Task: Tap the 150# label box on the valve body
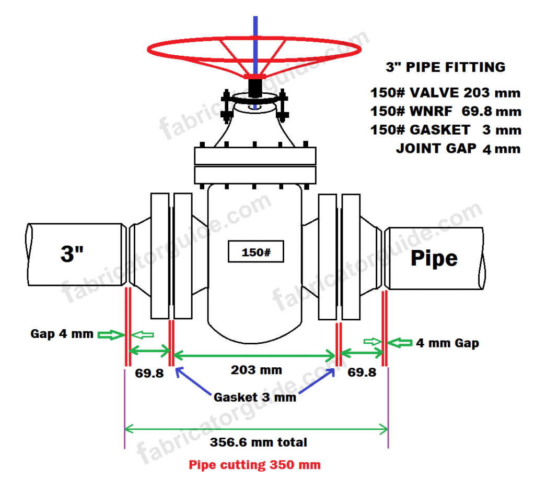coord(255,252)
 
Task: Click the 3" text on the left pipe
coord(73,254)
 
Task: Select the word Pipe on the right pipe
coord(434,258)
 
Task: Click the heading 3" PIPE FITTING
coord(445,67)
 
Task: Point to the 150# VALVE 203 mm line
coord(445,93)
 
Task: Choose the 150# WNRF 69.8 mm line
coord(445,111)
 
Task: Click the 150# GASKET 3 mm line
coord(445,130)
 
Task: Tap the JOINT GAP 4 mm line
coord(458,148)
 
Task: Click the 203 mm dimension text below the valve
coord(256,370)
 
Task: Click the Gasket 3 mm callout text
coord(255,397)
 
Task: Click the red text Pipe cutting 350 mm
coord(254,465)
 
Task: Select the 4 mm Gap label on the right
coord(447,343)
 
